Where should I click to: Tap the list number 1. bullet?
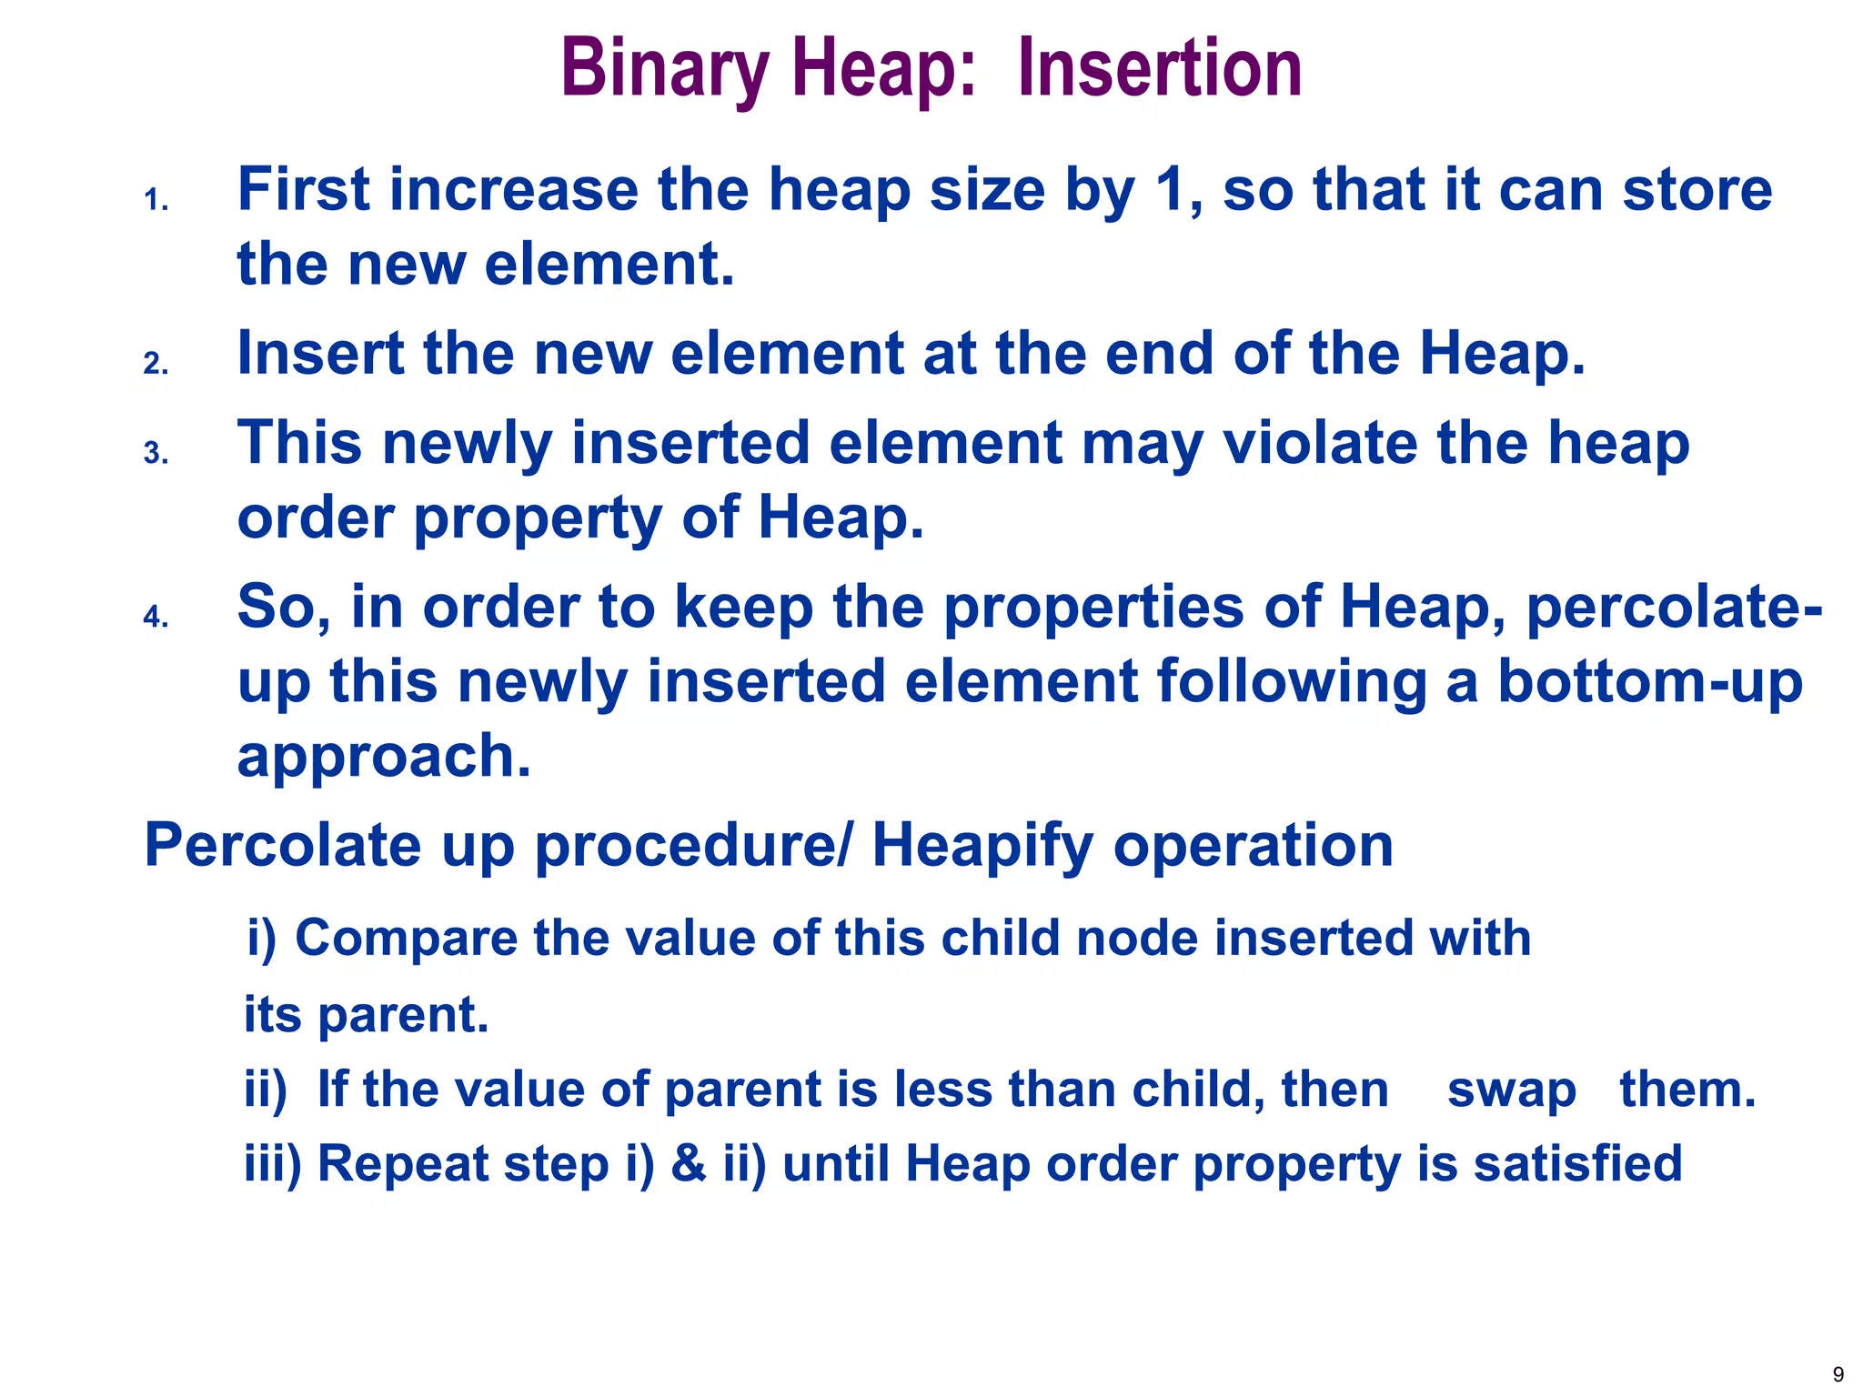click(156, 200)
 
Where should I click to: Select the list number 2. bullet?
click(156, 364)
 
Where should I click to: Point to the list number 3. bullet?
click(156, 453)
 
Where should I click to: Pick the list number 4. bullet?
click(156, 618)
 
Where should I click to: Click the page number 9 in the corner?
click(1838, 1374)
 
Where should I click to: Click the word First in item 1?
click(303, 190)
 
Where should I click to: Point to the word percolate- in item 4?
click(1674, 608)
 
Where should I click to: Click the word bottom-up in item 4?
click(1649, 682)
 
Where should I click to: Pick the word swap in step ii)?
click(1511, 1090)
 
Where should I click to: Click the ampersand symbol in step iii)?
click(689, 1164)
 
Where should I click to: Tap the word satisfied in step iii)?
click(1577, 1164)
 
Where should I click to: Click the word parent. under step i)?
click(403, 1015)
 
